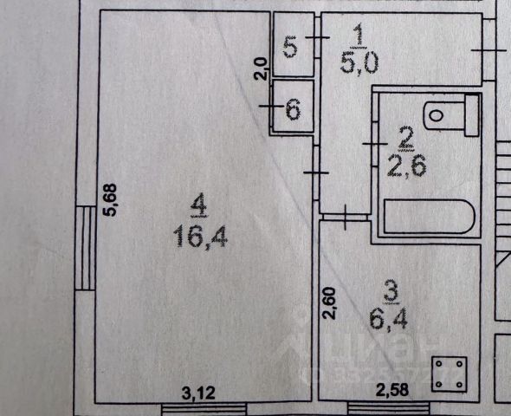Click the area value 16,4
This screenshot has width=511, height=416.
[200, 237]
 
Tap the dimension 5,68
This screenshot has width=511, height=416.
[110, 200]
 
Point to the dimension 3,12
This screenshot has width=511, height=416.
[198, 393]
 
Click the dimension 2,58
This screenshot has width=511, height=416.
[392, 390]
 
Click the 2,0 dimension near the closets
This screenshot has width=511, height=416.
[262, 68]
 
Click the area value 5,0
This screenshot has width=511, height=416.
[359, 64]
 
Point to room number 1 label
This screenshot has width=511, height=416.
[359, 35]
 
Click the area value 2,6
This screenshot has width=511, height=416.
[407, 166]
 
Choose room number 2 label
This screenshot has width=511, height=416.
[406, 140]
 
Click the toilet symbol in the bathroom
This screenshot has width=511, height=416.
[451, 115]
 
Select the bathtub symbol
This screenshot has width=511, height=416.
[430, 217]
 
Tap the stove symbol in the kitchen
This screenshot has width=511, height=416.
[450, 374]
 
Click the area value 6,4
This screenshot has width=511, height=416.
[389, 318]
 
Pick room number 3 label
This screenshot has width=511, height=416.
[391, 292]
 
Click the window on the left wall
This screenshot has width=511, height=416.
[85, 248]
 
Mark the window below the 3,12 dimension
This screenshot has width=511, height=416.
[204, 409]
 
